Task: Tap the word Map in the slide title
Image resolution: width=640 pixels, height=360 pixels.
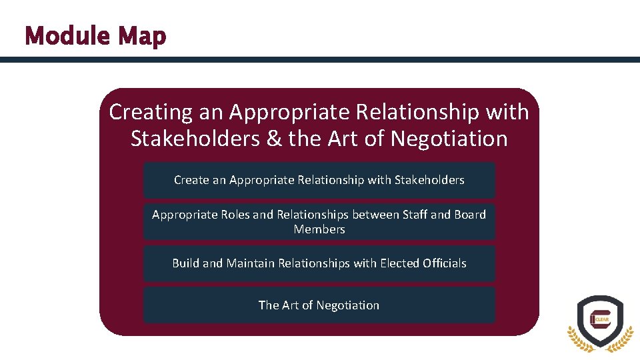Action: [x=142, y=37]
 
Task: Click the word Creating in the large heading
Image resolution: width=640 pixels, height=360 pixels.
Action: [x=151, y=112]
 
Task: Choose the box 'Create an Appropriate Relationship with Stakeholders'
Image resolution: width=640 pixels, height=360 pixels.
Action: [x=319, y=180]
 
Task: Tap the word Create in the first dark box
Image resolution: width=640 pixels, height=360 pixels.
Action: [x=190, y=180]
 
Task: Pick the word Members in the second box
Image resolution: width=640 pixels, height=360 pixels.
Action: [x=319, y=229]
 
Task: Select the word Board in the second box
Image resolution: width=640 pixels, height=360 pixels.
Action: [x=470, y=215]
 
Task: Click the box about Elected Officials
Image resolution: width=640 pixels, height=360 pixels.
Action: [x=319, y=263]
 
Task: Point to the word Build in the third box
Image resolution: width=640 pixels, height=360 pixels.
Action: [x=185, y=263]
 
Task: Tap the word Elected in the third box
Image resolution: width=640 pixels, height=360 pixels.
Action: [x=399, y=263]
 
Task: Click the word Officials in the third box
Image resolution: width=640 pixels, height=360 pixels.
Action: [x=445, y=263]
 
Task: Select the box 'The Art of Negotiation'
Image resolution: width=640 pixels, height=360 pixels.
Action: [x=319, y=305]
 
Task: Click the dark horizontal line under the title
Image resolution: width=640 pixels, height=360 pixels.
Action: [x=320, y=59]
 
